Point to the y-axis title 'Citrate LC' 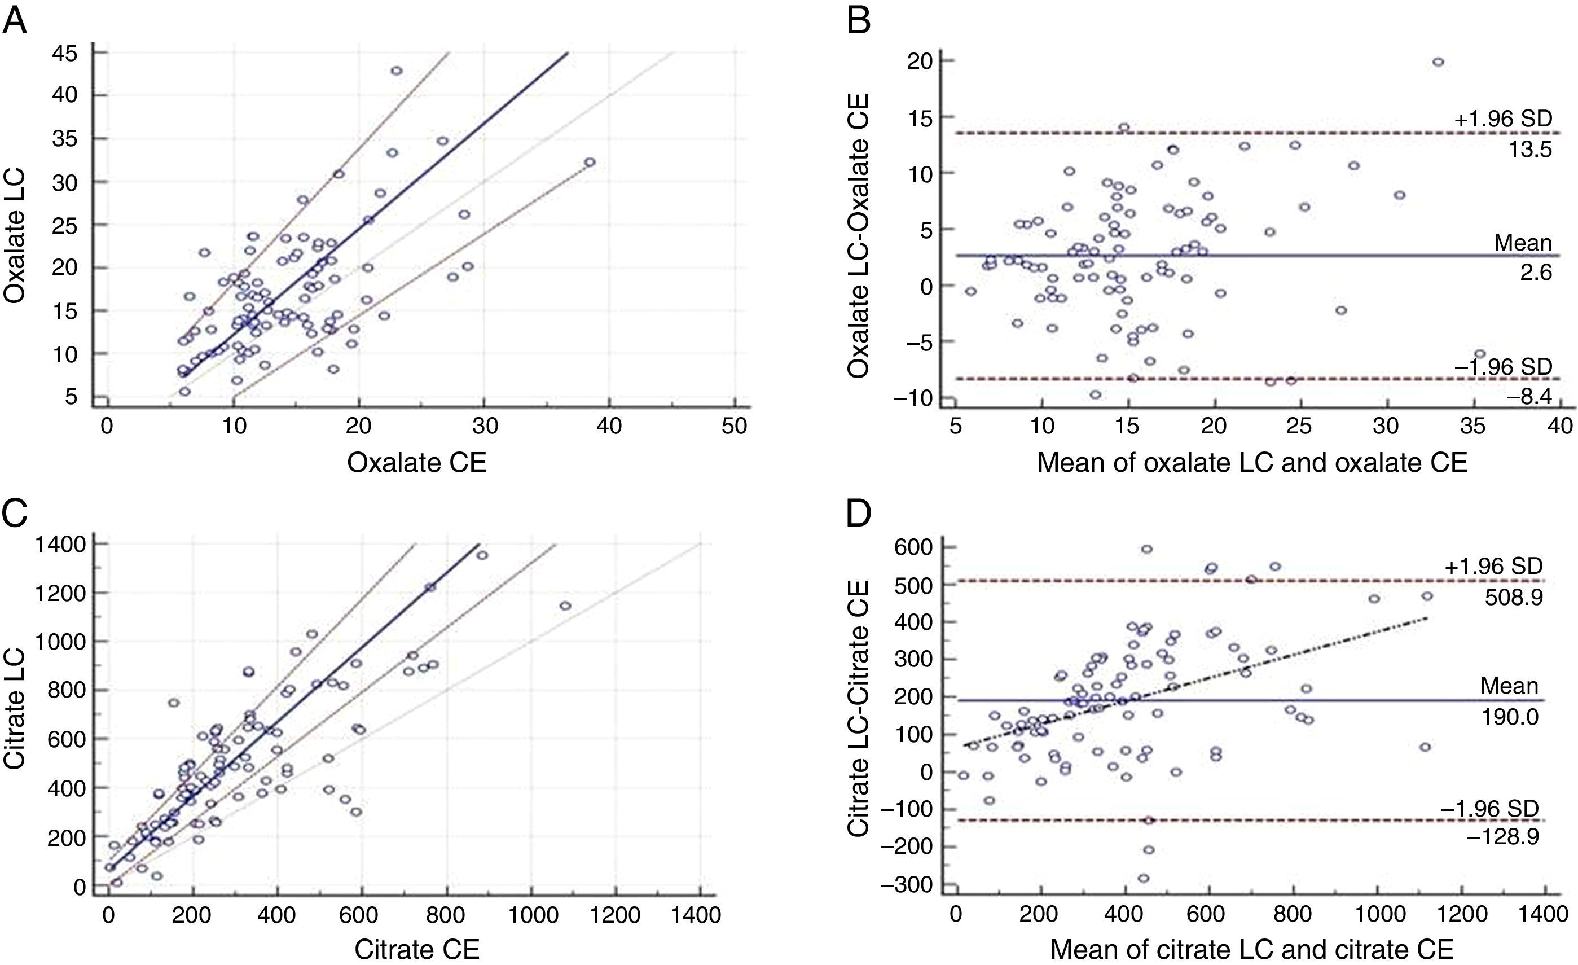(15, 708)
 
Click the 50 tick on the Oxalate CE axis (734, 426)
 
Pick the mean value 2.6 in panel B (1536, 273)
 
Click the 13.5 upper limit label (1536, 150)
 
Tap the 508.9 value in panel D (1513, 597)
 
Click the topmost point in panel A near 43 (397, 71)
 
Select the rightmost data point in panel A (589, 163)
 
